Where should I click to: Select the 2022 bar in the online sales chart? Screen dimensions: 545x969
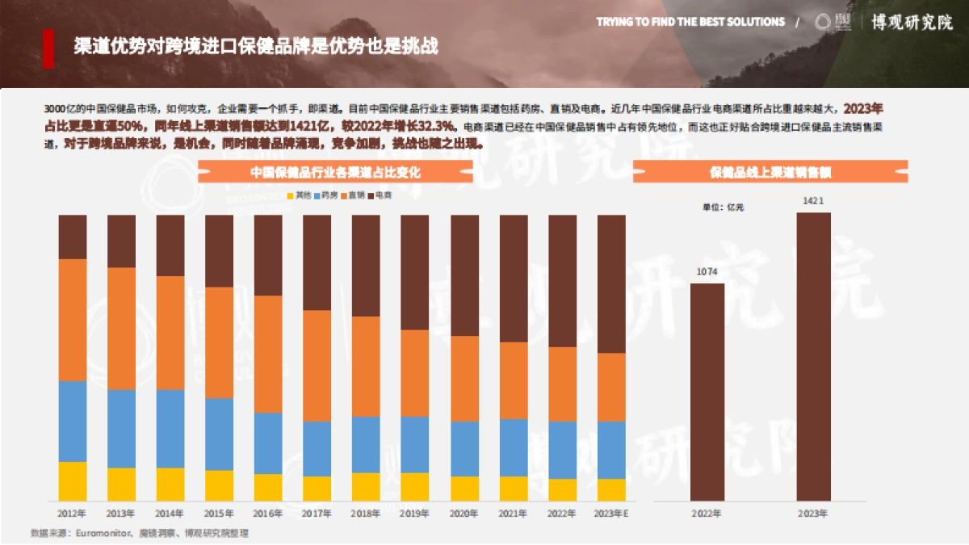tap(707, 392)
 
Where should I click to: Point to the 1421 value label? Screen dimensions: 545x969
tap(813, 200)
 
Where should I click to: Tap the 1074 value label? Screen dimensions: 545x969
tap(707, 271)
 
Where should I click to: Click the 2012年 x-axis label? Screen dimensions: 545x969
tap(72, 513)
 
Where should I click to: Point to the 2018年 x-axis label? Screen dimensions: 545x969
tap(366, 513)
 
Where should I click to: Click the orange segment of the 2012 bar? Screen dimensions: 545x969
tap(72, 320)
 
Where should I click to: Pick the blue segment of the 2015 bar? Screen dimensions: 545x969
tap(219, 434)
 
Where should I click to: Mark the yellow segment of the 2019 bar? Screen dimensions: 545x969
tap(415, 487)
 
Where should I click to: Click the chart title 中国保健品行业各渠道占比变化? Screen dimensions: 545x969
tap(335, 172)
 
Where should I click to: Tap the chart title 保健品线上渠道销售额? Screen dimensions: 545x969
tap(770, 172)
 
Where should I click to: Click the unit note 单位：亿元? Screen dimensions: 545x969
tap(723, 208)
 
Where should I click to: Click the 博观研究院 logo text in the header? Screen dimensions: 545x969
tap(912, 22)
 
